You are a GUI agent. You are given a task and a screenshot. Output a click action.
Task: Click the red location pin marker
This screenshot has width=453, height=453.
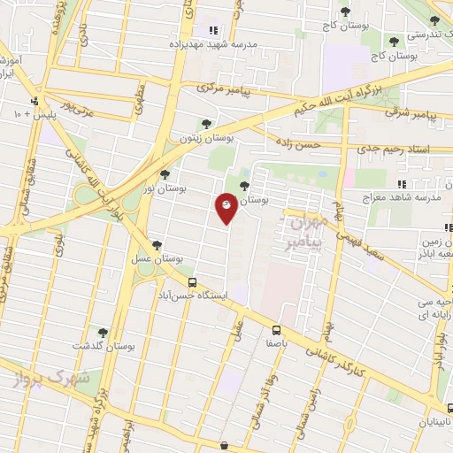point(226,207)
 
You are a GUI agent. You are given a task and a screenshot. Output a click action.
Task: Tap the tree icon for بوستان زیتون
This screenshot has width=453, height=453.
point(206,124)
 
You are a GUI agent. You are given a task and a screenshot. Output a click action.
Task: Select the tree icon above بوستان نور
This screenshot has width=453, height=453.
point(165,174)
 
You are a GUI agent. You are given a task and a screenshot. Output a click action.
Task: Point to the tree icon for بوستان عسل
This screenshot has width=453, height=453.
point(157,245)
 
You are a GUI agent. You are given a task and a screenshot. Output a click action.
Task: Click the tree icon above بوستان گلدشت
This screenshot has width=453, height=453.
point(103,332)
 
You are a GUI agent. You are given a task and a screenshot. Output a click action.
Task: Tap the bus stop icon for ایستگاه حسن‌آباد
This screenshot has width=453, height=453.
point(191,282)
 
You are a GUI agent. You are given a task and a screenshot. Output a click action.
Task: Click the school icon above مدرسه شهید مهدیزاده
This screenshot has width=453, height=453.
point(212,30)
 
